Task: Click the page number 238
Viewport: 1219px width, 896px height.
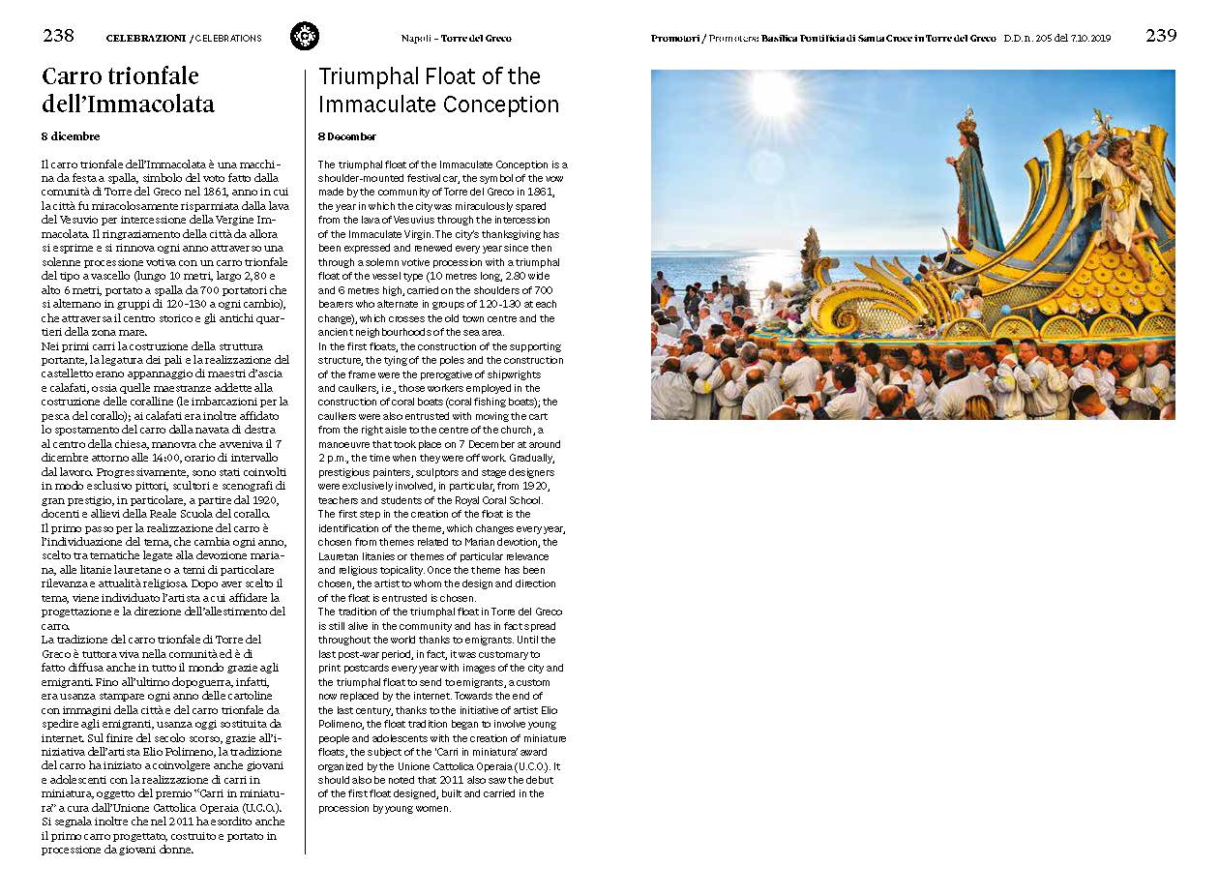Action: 58,36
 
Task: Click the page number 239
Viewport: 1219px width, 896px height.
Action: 1161,36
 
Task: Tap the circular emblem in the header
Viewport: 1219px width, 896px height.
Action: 305,37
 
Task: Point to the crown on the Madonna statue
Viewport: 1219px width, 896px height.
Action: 966,123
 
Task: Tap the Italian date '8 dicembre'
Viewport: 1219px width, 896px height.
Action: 71,136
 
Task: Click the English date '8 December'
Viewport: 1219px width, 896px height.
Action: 347,136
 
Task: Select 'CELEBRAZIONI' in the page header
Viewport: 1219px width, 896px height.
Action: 145,39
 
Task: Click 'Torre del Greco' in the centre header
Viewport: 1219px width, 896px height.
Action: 476,39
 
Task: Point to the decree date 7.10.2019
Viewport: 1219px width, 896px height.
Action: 1089,39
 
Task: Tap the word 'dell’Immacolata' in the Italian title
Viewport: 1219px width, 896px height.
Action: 128,105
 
